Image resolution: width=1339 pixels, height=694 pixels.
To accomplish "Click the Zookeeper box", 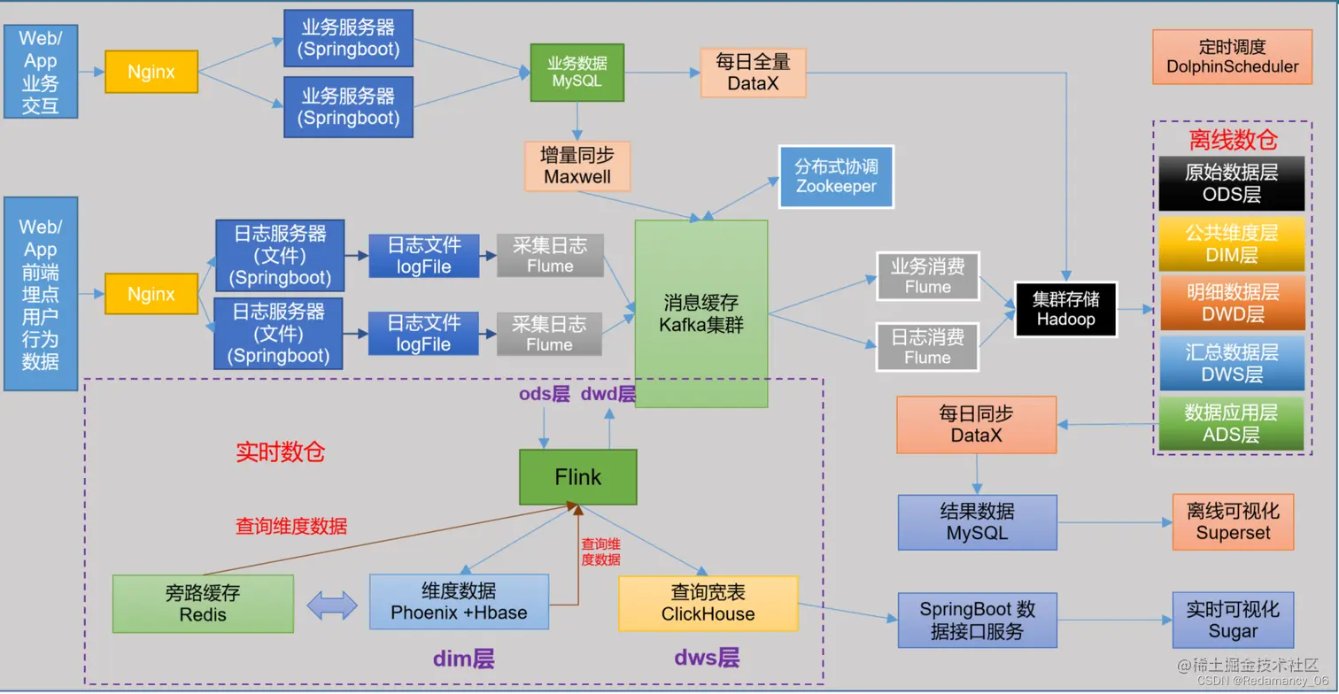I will click(x=836, y=176).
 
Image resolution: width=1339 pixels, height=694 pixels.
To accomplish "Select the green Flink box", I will click(x=577, y=477).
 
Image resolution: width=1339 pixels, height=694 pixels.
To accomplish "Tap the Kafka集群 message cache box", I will click(x=701, y=313).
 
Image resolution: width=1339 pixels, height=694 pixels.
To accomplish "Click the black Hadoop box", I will click(x=1066, y=309).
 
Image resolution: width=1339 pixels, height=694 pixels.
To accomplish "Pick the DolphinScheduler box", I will click(x=1232, y=57).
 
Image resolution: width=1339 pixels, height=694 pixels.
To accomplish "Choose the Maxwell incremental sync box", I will click(x=577, y=166).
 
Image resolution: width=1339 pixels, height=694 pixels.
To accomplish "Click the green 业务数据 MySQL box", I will click(x=577, y=72).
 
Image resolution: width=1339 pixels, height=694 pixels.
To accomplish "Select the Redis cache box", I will click(x=203, y=603).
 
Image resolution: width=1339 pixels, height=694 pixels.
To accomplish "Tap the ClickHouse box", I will click(x=708, y=603).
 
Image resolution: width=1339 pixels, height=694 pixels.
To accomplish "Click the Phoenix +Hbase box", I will click(x=459, y=602).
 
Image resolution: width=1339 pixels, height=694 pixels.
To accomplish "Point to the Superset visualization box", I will click(x=1233, y=522).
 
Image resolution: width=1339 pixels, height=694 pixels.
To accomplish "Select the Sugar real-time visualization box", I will click(x=1233, y=621).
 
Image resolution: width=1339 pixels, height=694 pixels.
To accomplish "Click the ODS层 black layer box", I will click(x=1231, y=184).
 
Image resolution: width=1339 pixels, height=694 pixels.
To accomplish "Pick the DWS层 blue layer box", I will click(x=1231, y=363).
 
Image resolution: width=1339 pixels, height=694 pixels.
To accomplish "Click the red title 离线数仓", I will click(x=1233, y=140).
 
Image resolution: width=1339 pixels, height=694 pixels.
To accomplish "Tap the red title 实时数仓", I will click(x=280, y=452).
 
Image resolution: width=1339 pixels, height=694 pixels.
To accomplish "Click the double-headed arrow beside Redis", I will click(x=331, y=605).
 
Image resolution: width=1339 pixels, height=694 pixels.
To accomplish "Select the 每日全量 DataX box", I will click(x=753, y=73).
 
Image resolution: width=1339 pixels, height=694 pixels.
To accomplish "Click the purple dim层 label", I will click(x=462, y=659).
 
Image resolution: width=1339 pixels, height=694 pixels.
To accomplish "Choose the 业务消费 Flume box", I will click(x=927, y=275).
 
